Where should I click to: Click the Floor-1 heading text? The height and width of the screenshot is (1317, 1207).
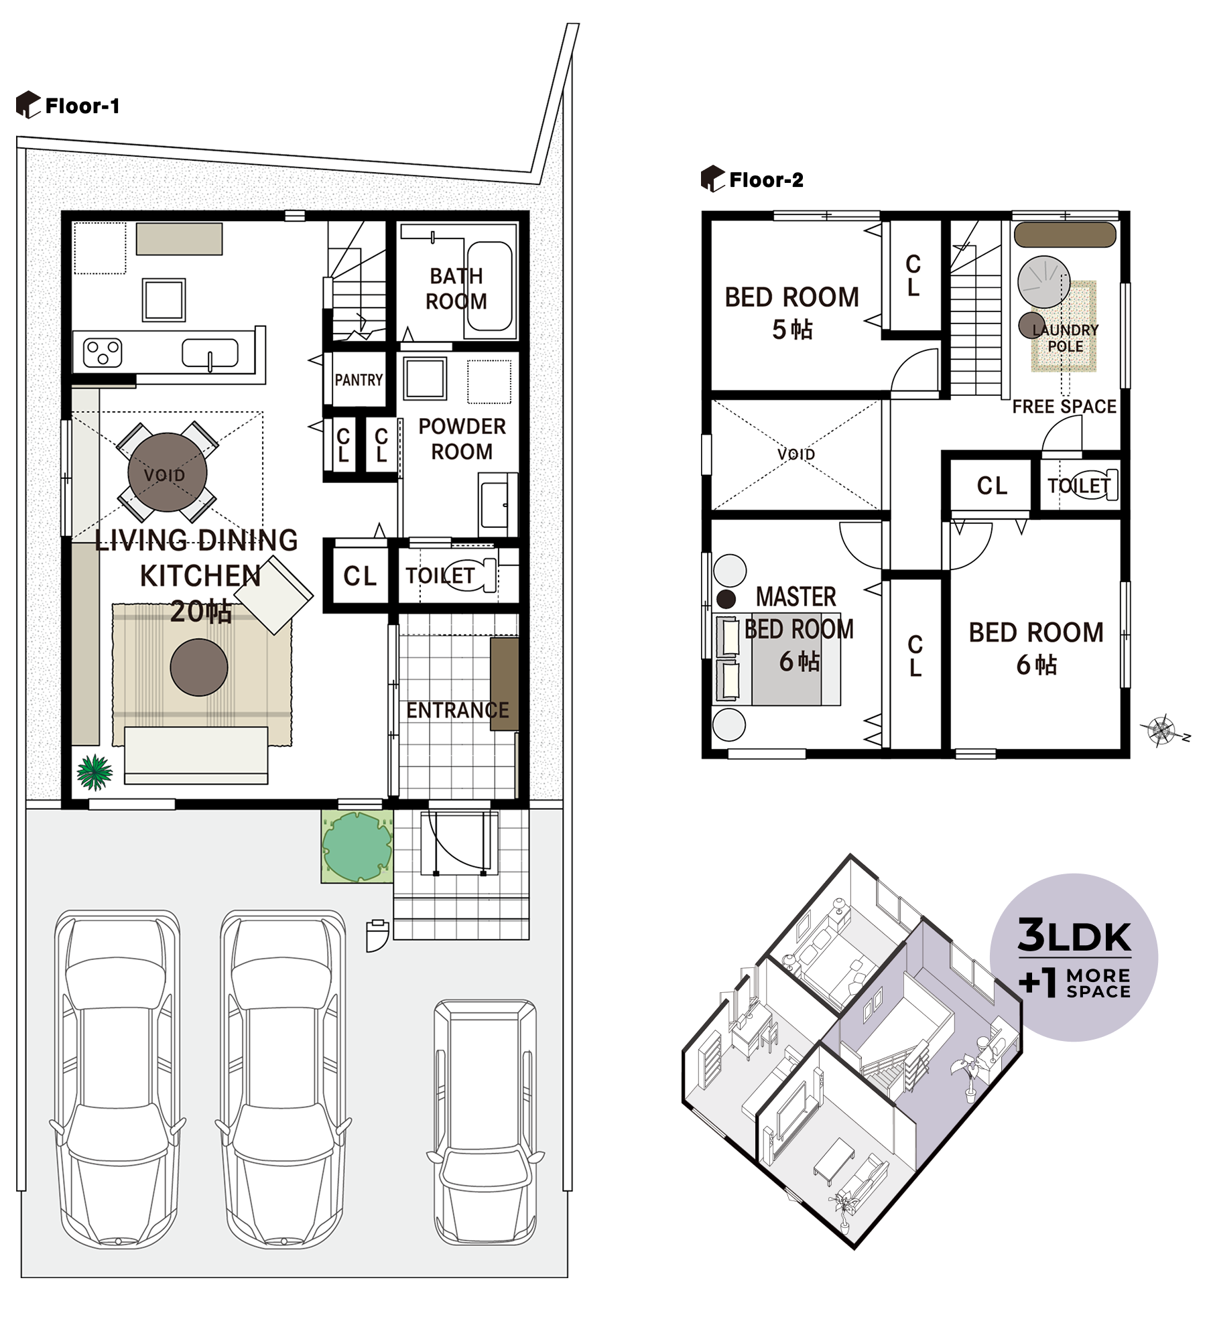[x=82, y=106]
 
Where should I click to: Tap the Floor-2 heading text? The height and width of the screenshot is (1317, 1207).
[x=765, y=180]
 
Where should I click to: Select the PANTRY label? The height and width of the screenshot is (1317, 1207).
[x=359, y=380]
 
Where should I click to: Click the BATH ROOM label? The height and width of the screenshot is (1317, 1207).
[x=456, y=289]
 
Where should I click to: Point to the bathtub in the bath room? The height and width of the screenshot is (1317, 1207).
[x=490, y=286]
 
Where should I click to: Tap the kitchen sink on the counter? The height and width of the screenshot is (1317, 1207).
[x=210, y=352]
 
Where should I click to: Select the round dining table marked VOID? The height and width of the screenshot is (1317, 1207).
[x=167, y=472]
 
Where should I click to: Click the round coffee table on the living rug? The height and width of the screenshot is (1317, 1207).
[x=199, y=667]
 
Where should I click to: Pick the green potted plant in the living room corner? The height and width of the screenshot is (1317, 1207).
[x=94, y=772]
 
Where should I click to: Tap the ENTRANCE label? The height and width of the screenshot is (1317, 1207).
[x=457, y=710]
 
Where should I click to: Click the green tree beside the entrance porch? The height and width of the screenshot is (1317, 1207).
[x=357, y=846]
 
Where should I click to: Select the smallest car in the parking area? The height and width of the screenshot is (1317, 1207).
[x=485, y=1121]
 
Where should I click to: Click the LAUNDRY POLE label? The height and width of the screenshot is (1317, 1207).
[x=1065, y=338]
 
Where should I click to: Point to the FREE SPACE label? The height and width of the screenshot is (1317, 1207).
[x=1064, y=407]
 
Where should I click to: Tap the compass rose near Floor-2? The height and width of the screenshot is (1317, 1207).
[x=1161, y=730]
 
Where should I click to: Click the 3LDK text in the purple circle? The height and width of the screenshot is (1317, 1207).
[x=1074, y=936]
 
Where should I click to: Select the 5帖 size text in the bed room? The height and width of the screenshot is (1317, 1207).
[x=791, y=330]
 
